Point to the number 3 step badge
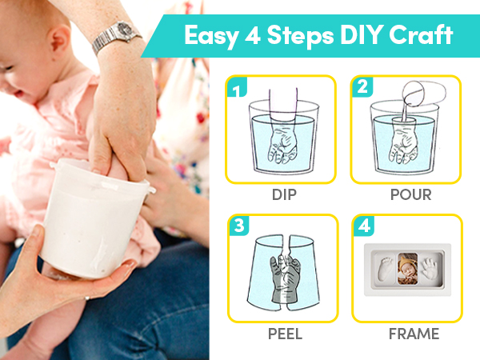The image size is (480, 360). [x=235, y=226]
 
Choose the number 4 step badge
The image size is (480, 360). [x=361, y=226]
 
